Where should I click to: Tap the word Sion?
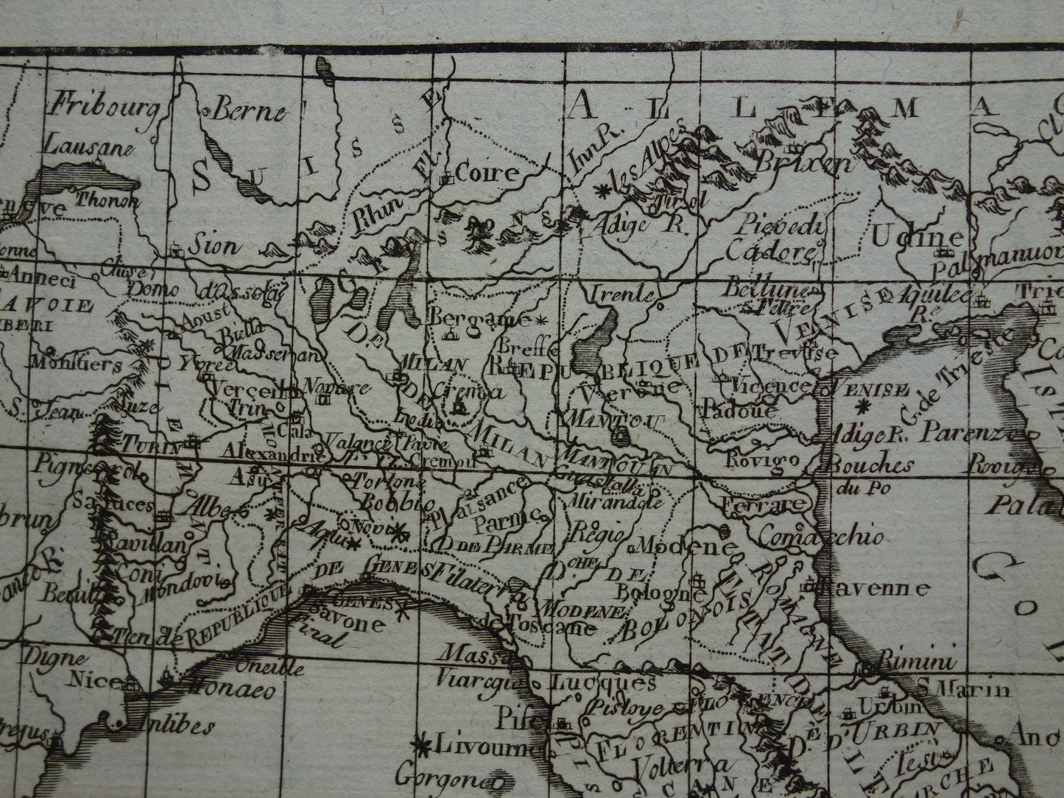click(212, 245)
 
